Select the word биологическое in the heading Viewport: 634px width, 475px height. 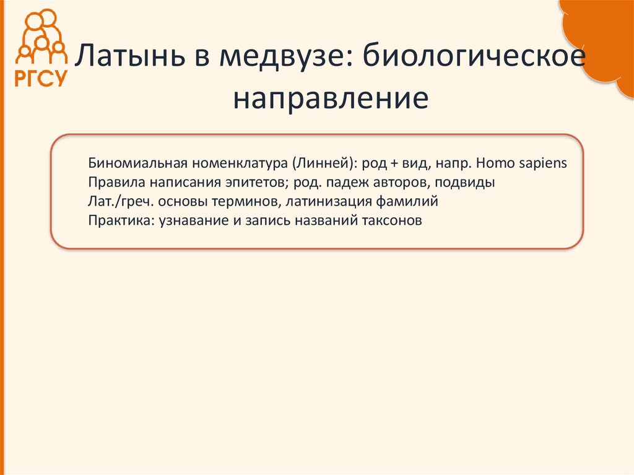click(x=474, y=58)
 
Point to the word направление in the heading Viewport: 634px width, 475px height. click(x=331, y=99)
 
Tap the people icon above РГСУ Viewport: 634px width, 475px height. click(x=41, y=36)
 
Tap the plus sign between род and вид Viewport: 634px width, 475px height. click(x=394, y=164)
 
